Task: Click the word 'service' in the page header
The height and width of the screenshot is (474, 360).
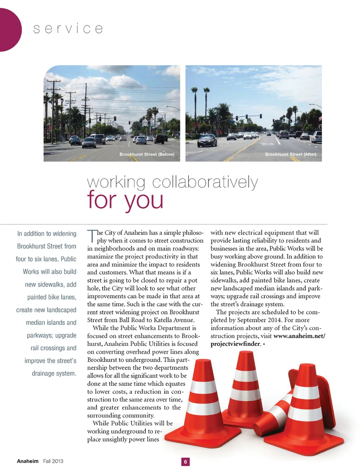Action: (x=68, y=29)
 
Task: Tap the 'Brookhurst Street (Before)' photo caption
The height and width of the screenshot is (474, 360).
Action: (x=147, y=154)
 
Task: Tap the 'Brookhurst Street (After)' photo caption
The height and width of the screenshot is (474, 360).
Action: (x=291, y=154)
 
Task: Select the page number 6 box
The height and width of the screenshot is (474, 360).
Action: (x=185, y=462)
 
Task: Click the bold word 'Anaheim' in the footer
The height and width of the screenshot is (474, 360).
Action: (x=27, y=461)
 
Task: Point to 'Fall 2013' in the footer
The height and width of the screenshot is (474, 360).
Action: (x=53, y=461)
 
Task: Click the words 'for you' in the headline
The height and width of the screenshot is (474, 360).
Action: (x=125, y=200)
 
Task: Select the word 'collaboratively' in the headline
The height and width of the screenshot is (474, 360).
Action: (x=205, y=182)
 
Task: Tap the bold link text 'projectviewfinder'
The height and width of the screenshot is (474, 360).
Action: (x=235, y=344)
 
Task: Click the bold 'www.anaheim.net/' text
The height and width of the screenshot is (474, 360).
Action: (x=299, y=336)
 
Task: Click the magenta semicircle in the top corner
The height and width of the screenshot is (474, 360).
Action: (x=8, y=30)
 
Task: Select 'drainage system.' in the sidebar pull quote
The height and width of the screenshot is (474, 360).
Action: (x=54, y=374)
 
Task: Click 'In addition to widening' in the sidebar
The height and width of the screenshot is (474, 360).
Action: (x=47, y=234)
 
